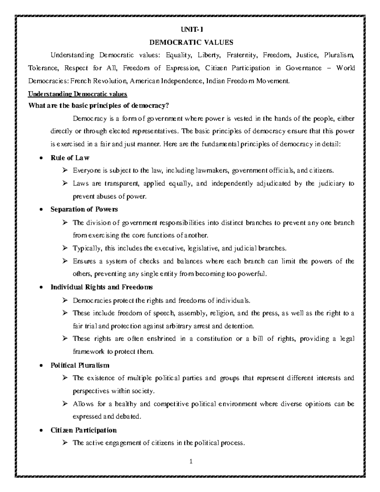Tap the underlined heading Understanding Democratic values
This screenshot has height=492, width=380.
click(x=78, y=94)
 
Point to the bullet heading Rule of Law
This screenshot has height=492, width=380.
click(x=70, y=158)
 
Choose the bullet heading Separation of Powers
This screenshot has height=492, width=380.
click(x=84, y=209)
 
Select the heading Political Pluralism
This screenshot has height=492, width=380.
click(x=80, y=365)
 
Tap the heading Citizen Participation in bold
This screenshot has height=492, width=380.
click(x=84, y=430)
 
